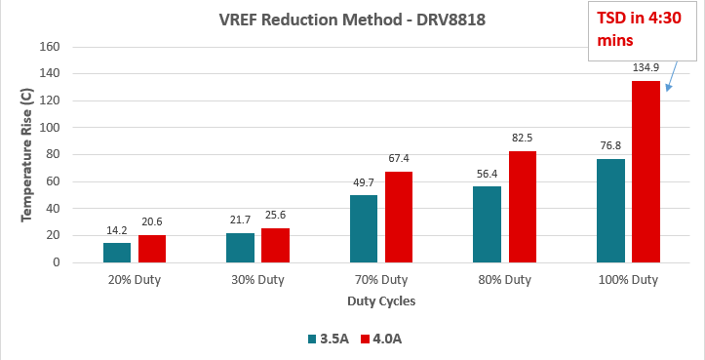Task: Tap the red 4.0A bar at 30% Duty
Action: [x=275, y=245]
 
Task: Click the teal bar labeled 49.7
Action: [x=364, y=228]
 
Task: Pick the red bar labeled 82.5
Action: [x=522, y=207]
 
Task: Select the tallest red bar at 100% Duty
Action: [x=646, y=172]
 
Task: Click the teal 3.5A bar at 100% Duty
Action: [x=610, y=211]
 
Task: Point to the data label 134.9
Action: [x=646, y=70]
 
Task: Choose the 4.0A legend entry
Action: [x=380, y=339]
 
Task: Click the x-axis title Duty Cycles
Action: [x=380, y=301]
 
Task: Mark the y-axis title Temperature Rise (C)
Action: [x=27, y=154]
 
